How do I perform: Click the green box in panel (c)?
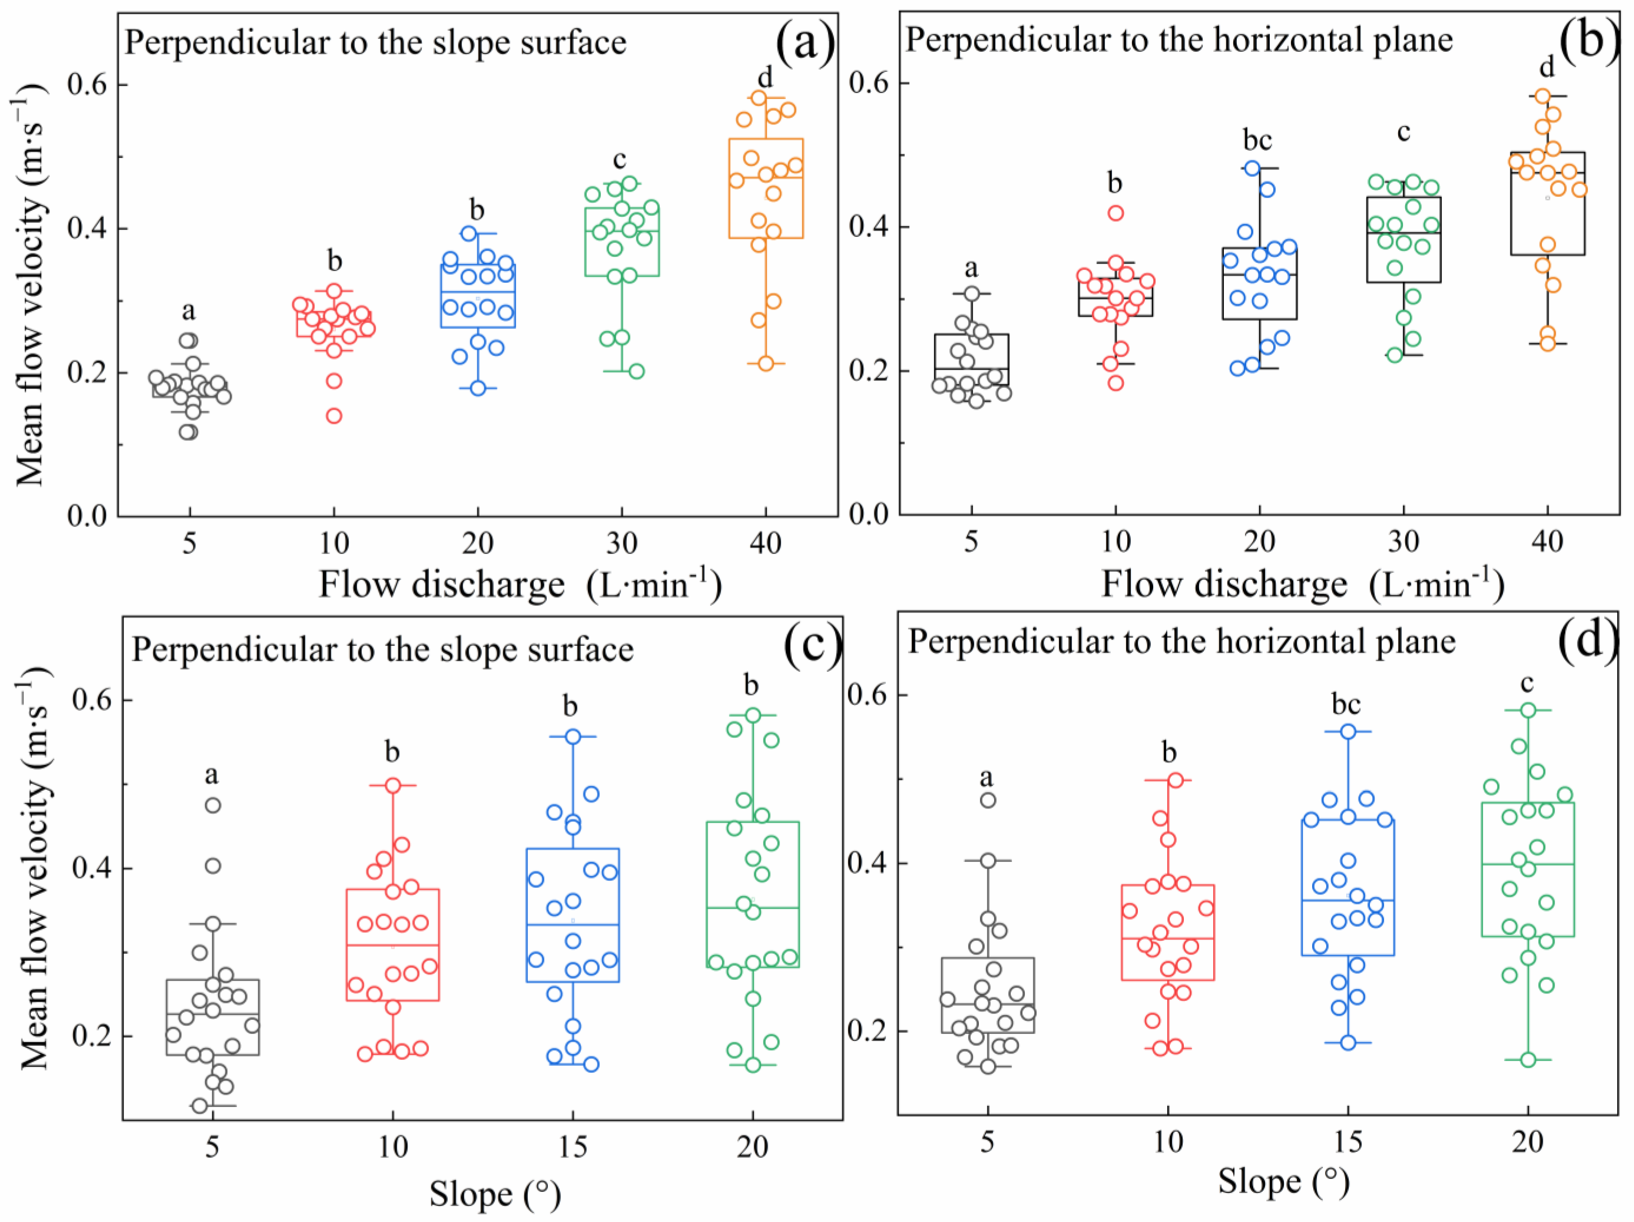(x=752, y=894)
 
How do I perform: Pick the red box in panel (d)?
(x=1168, y=932)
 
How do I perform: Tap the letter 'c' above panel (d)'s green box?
(x=1527, y=683)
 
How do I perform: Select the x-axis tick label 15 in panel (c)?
(x=573, y=1147)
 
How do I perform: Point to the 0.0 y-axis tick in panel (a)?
(x=87, y=515)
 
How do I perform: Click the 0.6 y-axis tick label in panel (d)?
(x=867, y=695)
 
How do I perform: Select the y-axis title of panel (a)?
(x=31, y=284)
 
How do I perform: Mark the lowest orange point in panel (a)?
(x=765, y=364)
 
